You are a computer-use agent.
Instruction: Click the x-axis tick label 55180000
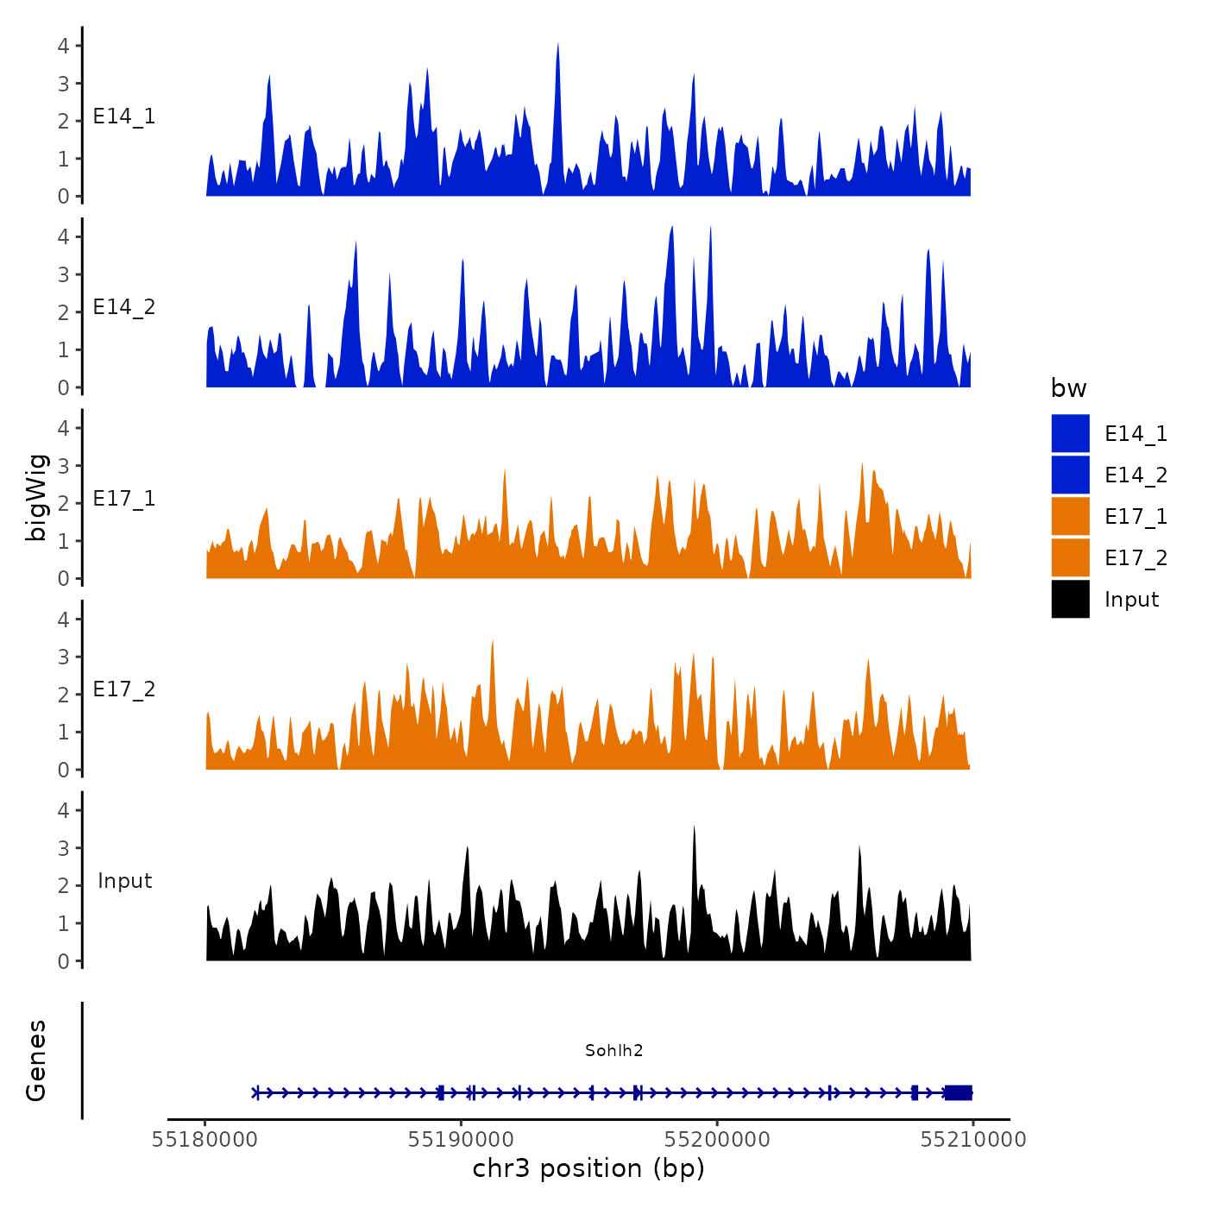(204, 1140)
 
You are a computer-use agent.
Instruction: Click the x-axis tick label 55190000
(461, 1140)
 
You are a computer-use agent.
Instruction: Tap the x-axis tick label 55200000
(717, 1140)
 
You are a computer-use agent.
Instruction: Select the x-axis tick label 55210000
(973, 1140)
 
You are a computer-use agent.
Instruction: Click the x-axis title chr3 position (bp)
(588, 1169)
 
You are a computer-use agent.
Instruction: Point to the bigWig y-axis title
(36, 498)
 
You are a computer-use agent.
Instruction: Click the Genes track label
(36, 1060)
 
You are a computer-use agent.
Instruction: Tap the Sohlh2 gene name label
(613, 1050)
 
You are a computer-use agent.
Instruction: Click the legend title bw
(1068, 388)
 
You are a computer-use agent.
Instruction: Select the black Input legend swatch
(1070, 600)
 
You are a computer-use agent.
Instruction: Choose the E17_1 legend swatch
(1070, 517)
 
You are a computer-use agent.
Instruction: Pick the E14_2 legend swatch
(1070, 475)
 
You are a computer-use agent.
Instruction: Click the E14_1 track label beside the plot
(124, 116)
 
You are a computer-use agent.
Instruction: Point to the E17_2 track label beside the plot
(124, 689)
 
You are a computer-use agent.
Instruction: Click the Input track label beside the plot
(124, 881)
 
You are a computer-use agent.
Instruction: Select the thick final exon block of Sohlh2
(958, 1092)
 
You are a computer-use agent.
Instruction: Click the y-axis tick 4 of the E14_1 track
(63, 46)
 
